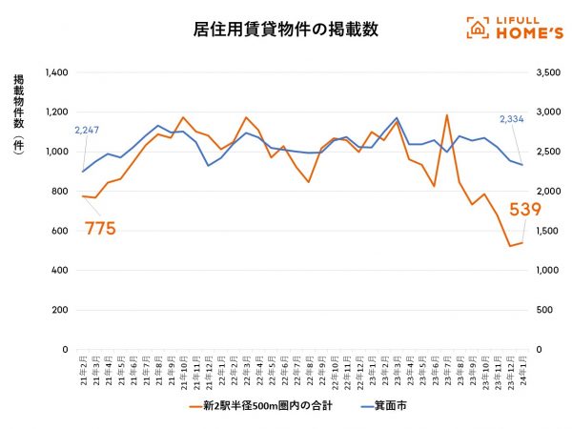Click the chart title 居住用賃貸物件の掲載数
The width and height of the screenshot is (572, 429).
(285, 30)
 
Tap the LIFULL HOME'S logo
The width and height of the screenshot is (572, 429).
(512, 28)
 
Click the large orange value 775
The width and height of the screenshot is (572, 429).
(100, 229)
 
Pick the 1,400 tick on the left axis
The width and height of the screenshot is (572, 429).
(55, 72)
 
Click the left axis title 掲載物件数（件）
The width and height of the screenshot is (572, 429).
(19, 114)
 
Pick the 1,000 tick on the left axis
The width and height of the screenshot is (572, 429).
(55, 152)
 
